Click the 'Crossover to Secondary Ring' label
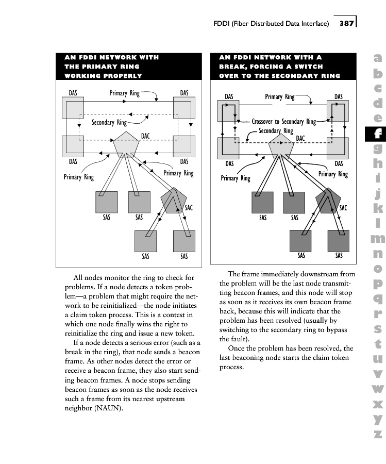coord(283,122)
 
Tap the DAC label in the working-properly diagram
coord(146,135)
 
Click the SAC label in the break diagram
coord(343,208)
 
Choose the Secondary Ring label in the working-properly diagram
coord(109,123)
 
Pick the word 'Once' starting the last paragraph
coord(237,349)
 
